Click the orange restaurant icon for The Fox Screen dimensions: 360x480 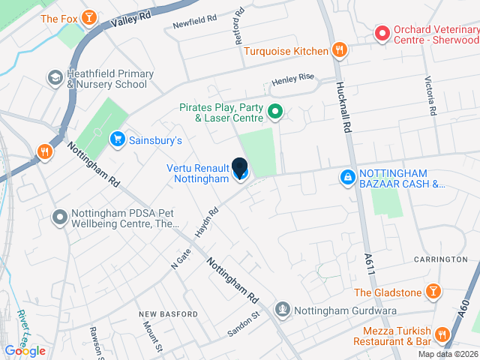tap(89, 17)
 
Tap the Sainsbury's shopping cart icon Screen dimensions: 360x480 tap(117, 139)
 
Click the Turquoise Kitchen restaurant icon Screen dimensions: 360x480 tap(339, 50)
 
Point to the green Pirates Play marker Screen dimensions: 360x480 tap(274, 113)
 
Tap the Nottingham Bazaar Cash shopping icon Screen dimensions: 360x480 tap(347, 178)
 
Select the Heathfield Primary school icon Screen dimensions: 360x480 tap(55, 77)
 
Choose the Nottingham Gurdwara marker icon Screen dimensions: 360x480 tap(282, 308)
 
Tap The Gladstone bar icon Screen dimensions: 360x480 tap(433, 291)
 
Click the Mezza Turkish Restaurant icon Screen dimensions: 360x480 tap(442, 334)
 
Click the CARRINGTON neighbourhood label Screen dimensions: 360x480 tap(440, 259)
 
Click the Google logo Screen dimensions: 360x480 tap(25, 351)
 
